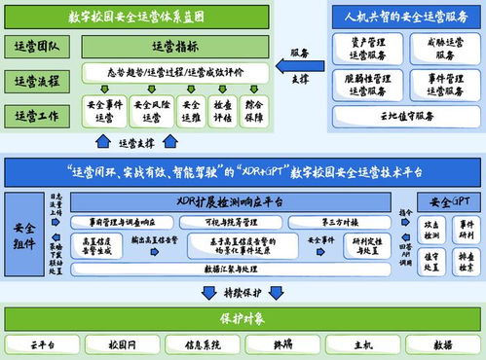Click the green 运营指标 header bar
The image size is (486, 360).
[x=175, y=46]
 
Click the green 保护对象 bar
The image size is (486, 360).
[x=243, y=318]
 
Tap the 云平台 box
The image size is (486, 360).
[x=44, y=343]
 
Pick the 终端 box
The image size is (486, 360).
[x=283, y=343]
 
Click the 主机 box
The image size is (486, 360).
[x=363, y=343]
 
